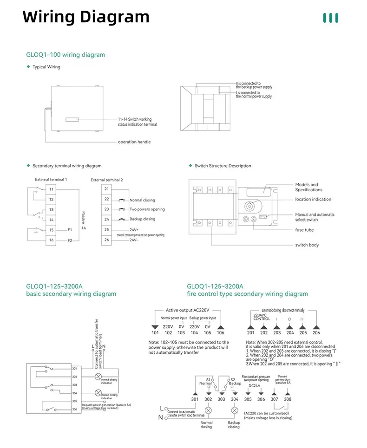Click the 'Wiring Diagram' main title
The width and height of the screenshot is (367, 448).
86,17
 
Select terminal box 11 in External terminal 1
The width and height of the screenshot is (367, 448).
51,189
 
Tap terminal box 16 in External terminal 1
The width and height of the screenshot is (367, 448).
51,240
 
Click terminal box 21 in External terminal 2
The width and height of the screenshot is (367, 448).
106,189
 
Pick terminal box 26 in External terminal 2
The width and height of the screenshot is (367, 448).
106,240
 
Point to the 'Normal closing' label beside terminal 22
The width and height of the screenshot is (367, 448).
142,200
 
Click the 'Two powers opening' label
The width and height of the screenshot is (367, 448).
147,209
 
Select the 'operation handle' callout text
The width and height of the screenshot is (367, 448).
134,142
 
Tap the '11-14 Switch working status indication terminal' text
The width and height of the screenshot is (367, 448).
137,122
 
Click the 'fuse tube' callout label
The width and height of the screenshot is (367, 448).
304,230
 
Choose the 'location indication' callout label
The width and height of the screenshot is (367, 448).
313,200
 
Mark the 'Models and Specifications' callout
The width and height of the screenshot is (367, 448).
308,187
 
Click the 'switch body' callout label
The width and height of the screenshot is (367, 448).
307,245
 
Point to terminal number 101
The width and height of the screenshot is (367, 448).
155,333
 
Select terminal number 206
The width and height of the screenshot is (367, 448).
316,333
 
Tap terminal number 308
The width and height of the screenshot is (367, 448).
288,399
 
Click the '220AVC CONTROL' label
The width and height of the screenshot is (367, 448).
261,317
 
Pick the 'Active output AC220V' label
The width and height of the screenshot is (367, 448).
188,310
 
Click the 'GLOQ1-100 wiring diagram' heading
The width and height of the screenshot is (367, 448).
66,55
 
